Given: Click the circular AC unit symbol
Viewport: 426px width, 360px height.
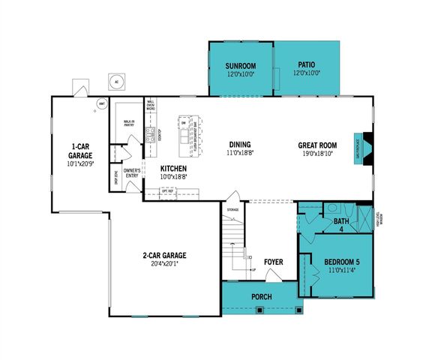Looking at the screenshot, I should pyautogui.click(x=115, y=81).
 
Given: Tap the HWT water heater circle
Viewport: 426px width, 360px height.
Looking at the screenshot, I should pyautogui.click(x=101, y=105).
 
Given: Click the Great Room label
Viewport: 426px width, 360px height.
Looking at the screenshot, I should pyautogui.click(x=318, y=145).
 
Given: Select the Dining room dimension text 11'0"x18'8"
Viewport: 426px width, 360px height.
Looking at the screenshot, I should pyautogui.click(x=241, y=153).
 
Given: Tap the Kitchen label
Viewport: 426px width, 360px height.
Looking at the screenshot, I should pyautogui.click(x=174, y=169).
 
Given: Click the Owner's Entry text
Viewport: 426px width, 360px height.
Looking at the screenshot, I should pyautogui.click(x=132, y=173).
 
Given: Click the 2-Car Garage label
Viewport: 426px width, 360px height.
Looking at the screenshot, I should pyautogui.click(x=163, y=256).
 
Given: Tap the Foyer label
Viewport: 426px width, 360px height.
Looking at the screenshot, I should pyautogui.click(x=273, y=262).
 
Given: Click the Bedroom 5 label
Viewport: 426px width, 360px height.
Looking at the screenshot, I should pyautogui.click(x=342, y=262).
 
